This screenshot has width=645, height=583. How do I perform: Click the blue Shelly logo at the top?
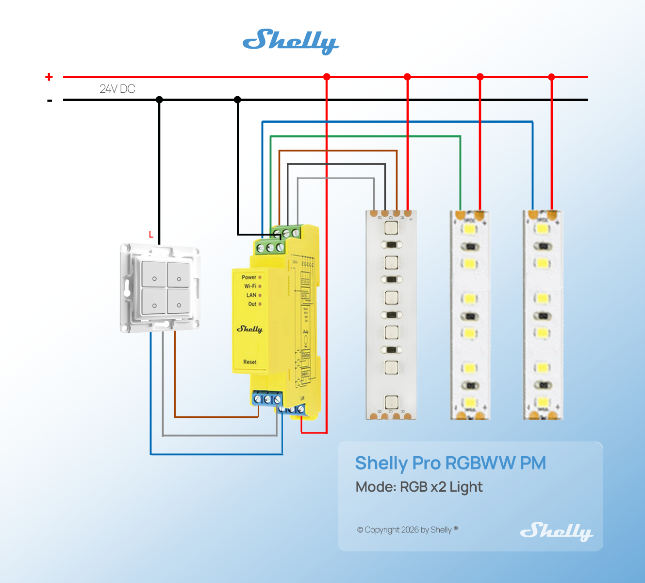pyautogui.click(x=290, y=41)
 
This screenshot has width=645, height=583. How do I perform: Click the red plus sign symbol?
pyautogui.click(x=49, y=77)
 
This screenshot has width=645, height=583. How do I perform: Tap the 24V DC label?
pyautogui.click(x=117, y=89)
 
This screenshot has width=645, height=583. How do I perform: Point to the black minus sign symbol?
pyautogui.click(x=50, y=101)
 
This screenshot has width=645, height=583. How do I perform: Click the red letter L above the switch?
pyautogui.click(x=151, y=235)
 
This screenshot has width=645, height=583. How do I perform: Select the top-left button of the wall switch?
pyautogui.click(x=154, y=274)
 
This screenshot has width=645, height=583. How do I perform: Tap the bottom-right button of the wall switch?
pyautogui.click(x=179, y=301)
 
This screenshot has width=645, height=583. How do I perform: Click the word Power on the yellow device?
pyautogui.click(x=249, y=277)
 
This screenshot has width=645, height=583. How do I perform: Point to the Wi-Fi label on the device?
pyautogui.click(x=250, y=286)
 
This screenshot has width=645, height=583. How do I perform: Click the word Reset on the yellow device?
pyautogui.click(x=250, y=362)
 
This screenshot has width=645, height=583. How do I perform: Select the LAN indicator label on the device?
pyautogui.click(x=251, y=295)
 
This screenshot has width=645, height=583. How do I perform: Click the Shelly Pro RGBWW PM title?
pyautogui.click(x=450, y=463)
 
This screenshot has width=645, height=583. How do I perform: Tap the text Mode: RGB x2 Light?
pyautogui.click(x=419, y=487)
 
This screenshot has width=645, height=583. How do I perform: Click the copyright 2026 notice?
pyautogui.click(x=407, y=530)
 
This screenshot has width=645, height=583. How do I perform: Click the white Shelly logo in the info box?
pyautogui.click(x=556, y=531)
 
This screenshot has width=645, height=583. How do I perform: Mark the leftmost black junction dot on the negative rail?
pyautogui.click(x=159, y=100)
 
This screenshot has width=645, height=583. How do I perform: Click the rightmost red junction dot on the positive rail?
pyautogui.click(x=551, y=77)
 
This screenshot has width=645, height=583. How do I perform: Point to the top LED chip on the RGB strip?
pyautogui.click(x=391, y=227)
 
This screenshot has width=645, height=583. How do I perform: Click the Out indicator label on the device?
pyautogui.click(x=252, y=304)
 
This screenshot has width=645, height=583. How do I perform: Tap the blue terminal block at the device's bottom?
pyautogui.click(x=267, y=399)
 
